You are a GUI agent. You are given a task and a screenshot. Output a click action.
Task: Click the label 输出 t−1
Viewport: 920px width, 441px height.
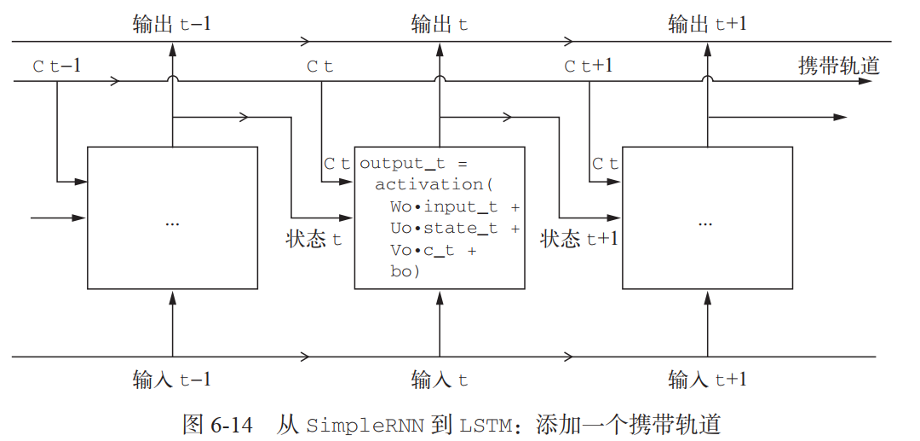(172, 24)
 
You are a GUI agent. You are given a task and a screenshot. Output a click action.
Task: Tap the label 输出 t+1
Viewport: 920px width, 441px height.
(707, 24)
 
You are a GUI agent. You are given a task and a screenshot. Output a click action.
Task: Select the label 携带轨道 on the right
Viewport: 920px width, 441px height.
(838, 66)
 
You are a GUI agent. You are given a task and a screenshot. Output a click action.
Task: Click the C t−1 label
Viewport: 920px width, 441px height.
(56, 66)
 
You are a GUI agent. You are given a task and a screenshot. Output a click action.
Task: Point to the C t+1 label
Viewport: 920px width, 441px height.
(588, 66)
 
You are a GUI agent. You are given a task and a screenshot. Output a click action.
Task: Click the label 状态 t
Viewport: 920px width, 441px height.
(313, 239)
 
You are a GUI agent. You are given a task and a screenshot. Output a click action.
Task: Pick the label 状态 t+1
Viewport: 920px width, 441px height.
(579, 239)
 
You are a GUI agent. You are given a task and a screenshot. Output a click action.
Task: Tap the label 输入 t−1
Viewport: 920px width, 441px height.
(172, 380)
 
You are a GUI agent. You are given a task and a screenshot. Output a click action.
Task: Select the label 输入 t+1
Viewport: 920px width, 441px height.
(707, 380)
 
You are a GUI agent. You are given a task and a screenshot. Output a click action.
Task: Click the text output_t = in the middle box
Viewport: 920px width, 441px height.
(414, 163)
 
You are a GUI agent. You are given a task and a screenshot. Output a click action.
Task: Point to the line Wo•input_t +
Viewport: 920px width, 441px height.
(455, 206)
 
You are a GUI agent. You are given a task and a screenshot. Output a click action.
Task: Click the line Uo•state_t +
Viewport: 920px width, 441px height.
(455, 229)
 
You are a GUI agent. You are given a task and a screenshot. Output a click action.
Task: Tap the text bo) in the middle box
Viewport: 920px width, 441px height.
(405, 272)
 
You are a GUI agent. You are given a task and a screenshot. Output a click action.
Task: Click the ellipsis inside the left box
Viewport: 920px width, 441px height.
(172, 222)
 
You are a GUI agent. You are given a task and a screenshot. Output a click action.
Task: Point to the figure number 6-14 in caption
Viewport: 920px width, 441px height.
(230, 424)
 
